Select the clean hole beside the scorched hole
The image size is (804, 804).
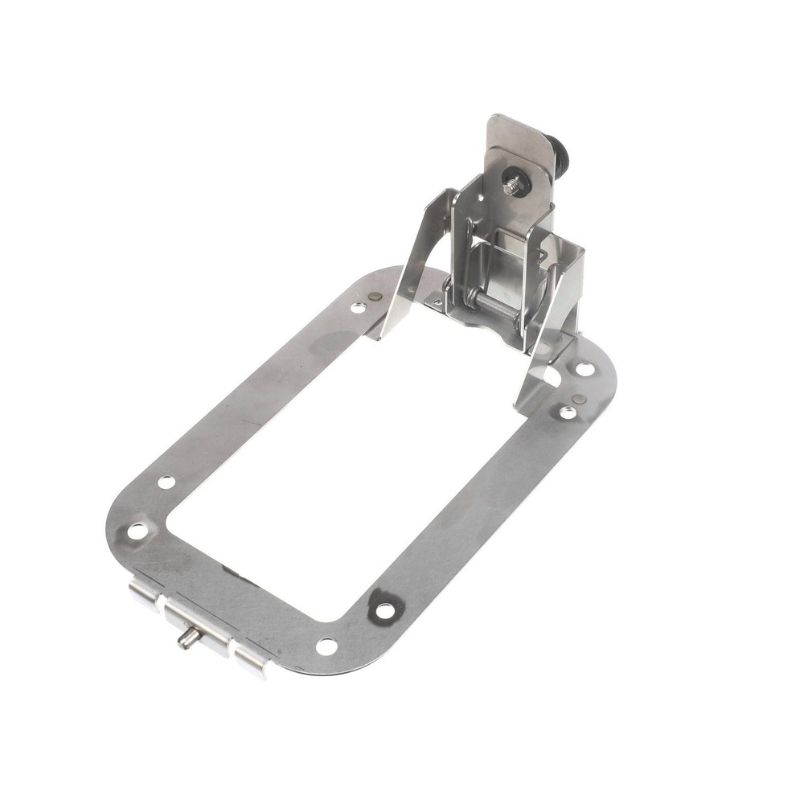pyautogui.click(x=326, y=646)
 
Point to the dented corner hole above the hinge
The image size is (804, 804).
pyautogui.click(x=138, y=531)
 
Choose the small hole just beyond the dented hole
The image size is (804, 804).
pyautogui.click(x=166, y=482)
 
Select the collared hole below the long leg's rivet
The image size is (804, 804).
pyautogui.click(x=568, y=412)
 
